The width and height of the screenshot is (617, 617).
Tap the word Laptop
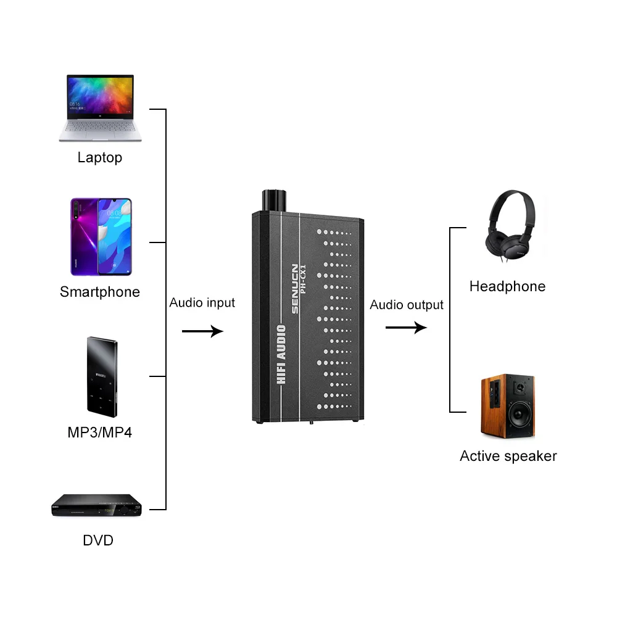tap(100, 157)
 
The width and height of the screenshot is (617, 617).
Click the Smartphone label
tap(100, 292)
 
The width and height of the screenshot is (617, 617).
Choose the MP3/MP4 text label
tap(100, 432)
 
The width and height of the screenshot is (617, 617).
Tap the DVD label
tap(98, 541)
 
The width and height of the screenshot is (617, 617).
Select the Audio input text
tap(202, 303)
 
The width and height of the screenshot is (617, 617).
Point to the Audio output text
tap(407, 305)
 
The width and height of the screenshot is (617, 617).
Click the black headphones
tap(510, 225)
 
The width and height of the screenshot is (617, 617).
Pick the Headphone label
tap(507, 286)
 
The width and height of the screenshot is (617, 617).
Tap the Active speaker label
tap(508, 456)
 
